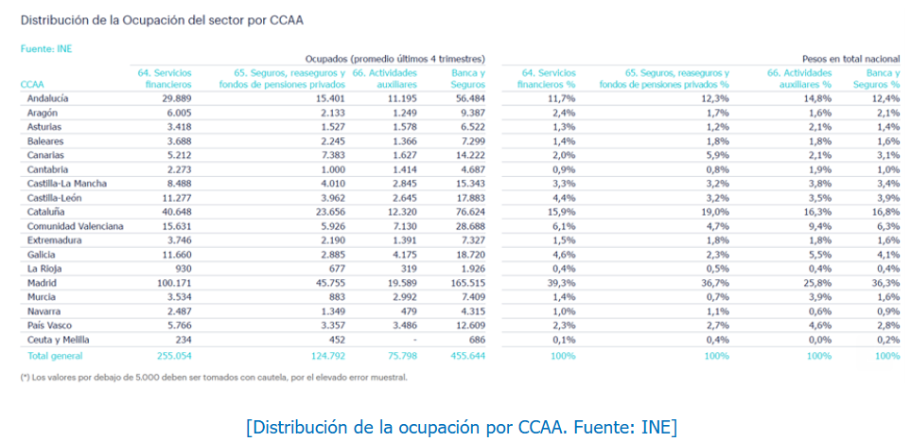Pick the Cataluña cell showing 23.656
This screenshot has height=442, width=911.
pos(319,213)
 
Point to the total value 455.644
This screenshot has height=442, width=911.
pos(464,356)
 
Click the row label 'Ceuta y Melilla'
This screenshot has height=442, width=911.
pos(59,340)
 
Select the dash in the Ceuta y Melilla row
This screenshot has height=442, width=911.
pos(417,340)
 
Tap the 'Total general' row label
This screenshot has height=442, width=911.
pos(54,356)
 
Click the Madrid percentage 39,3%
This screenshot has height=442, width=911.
pos(562,282)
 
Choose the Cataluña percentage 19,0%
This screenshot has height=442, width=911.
pos(715,213)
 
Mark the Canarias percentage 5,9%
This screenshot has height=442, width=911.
pos(716,155)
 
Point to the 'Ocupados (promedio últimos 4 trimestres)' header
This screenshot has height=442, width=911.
pos(394,58)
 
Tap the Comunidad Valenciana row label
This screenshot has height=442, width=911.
pos(75,228)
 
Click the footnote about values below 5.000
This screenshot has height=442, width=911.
pos(214,377)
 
